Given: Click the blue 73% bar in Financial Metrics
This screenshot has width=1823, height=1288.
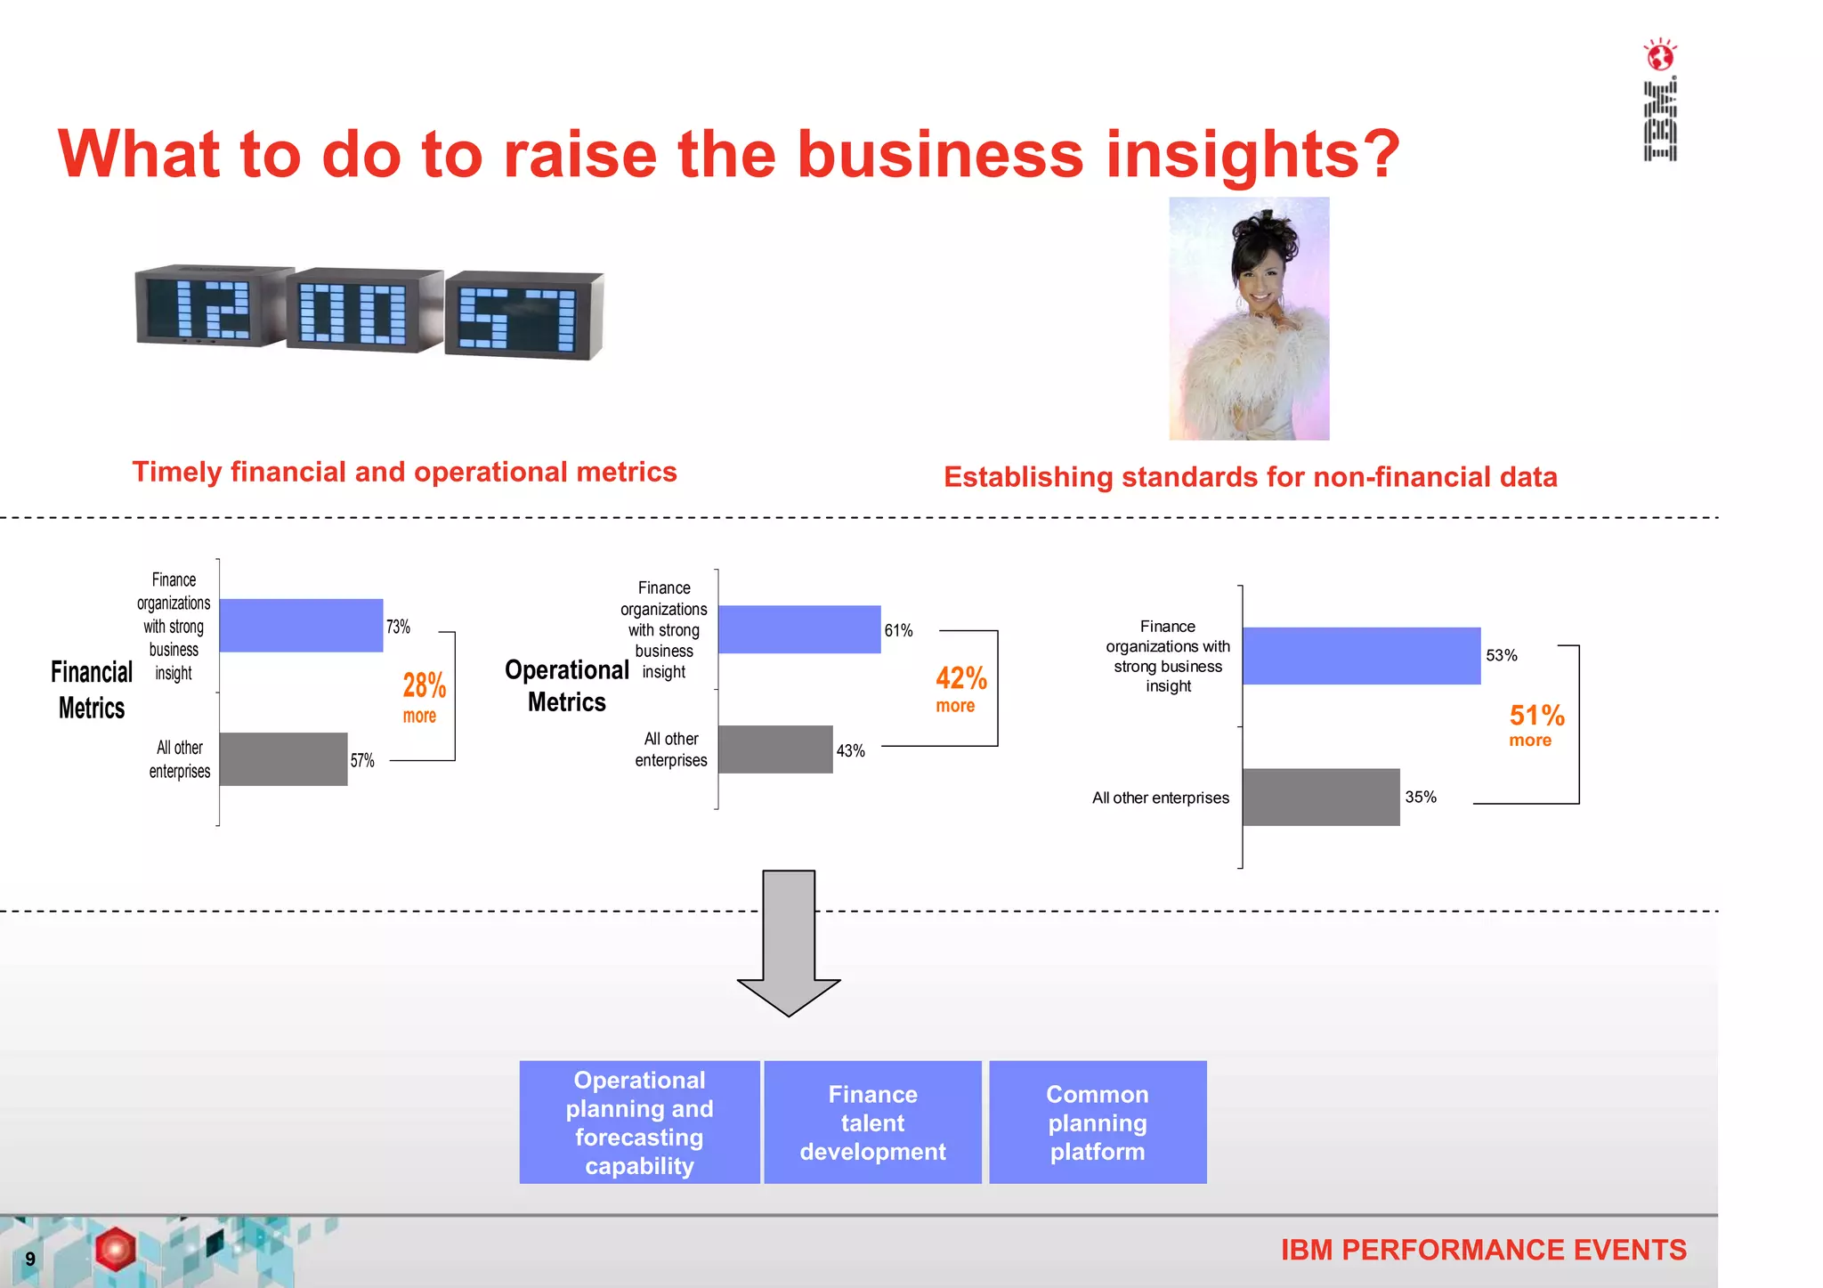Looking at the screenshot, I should [x=301, y=625].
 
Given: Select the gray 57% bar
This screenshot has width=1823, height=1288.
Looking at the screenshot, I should [x=283, y=759].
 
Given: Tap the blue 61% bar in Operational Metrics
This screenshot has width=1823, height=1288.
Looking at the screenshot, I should [x=798, y=629].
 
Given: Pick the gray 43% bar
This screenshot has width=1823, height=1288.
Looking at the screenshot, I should [x=774, y=749].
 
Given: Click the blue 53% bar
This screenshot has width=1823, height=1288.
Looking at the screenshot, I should [x=1361, y=656].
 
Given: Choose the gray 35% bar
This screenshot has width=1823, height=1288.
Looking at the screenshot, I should [x=1321, y=797].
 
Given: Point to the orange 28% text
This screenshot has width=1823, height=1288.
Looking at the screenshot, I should [x=424, y=685].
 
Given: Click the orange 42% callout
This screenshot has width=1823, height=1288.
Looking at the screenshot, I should [x=960, y=678].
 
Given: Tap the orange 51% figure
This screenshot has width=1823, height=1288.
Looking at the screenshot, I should [x=1536, y=715].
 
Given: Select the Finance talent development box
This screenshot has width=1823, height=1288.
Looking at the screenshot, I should [x=872, y=1122].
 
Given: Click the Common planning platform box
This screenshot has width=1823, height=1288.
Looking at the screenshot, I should [x=1098, y=1122].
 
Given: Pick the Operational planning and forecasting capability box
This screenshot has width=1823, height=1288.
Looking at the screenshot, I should [x=639, y=1122].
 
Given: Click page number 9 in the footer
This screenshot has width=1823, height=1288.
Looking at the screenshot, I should [x=30, y=1259].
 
